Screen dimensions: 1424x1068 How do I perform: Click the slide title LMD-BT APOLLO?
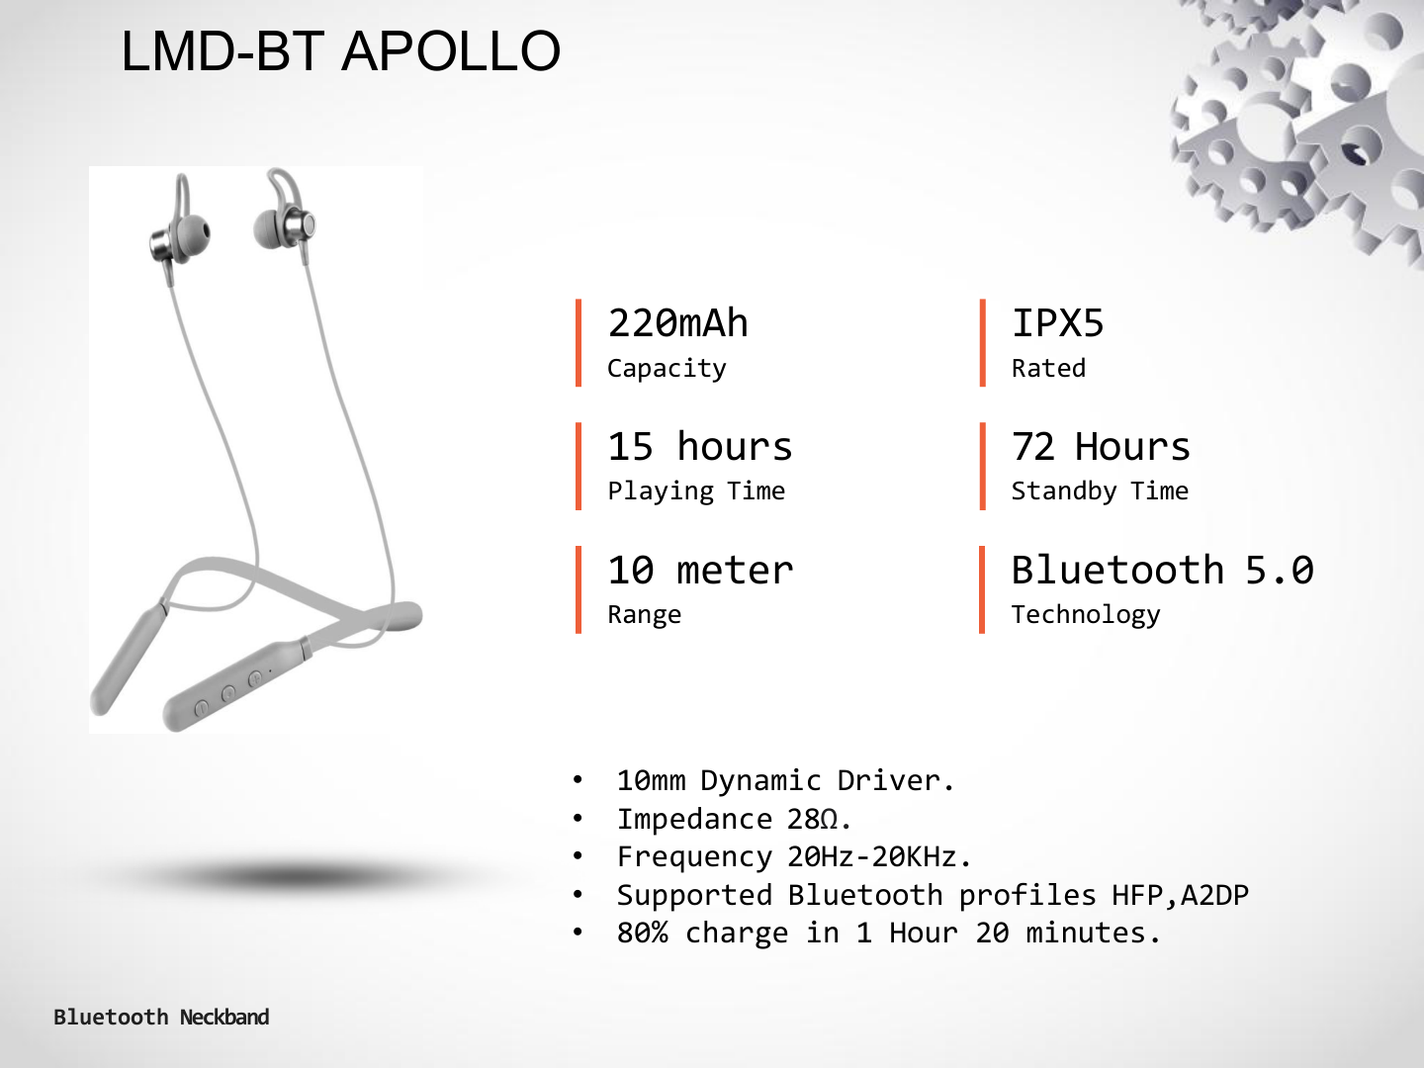[x=340, y=51]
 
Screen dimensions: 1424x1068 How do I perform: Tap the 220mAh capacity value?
[x=677, y=323]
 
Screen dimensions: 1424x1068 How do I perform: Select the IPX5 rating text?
[x=1057, y=323]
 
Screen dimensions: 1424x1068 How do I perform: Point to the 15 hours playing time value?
[x=700, y=446]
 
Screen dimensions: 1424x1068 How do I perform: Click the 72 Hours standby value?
[x=1101, y=446]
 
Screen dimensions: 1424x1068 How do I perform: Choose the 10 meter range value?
[x=700, y=570]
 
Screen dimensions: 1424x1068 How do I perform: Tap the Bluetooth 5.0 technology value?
[x=1163, y=570]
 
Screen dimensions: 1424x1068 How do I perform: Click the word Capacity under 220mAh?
[x=667, y=369]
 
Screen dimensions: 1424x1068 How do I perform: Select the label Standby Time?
[x=1100, y=491]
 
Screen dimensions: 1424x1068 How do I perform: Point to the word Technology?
[x=1086, y=615]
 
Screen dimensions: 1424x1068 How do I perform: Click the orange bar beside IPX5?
[x=983, y=343]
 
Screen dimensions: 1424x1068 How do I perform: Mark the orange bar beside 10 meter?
[x=578, y=589]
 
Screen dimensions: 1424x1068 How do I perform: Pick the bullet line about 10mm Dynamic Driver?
[x=785, y=781]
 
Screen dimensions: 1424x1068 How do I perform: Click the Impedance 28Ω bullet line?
[x=734, y=820]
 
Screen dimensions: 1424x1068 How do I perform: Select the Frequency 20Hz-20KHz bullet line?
[x=794, y=857]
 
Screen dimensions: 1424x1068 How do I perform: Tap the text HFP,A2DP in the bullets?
[x=1180, y=896]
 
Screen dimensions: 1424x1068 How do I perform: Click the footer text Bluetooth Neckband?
[x=161, y=1017]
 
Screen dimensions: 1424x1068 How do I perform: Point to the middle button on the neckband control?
[x=227, y=694]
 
